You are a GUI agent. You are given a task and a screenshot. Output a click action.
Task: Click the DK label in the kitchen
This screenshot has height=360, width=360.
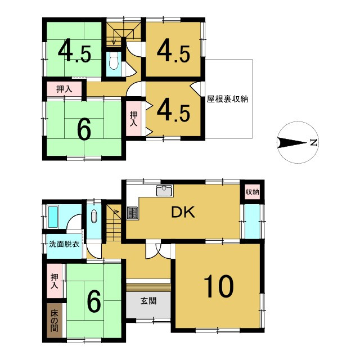pyautogui.click(x=182, y=212)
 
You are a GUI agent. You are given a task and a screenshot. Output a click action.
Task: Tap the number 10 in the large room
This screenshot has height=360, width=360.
pyautogui.click(x=218, y=287)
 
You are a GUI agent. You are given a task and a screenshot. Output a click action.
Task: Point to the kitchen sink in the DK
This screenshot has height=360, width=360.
pyautogui.click(x=164, y=191)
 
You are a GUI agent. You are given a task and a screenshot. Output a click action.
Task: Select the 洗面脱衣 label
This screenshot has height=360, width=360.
pyautogui.click(x=63, y=245)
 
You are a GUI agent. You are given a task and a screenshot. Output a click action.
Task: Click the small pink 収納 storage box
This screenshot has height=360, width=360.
pyautogui.click(x=252, y=192)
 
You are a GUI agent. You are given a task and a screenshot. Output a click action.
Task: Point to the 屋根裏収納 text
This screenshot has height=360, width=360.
pyautogui.click(x=227, y=99)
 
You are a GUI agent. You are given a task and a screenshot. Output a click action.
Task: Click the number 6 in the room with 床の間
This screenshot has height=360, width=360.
pyautogui.click(x=93, y=301)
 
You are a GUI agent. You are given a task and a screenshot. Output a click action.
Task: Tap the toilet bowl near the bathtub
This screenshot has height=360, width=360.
pyautogui.click(x=93, y=216)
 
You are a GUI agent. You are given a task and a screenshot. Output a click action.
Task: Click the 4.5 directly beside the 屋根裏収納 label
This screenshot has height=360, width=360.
pyautogui.click(x=173, y=109)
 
